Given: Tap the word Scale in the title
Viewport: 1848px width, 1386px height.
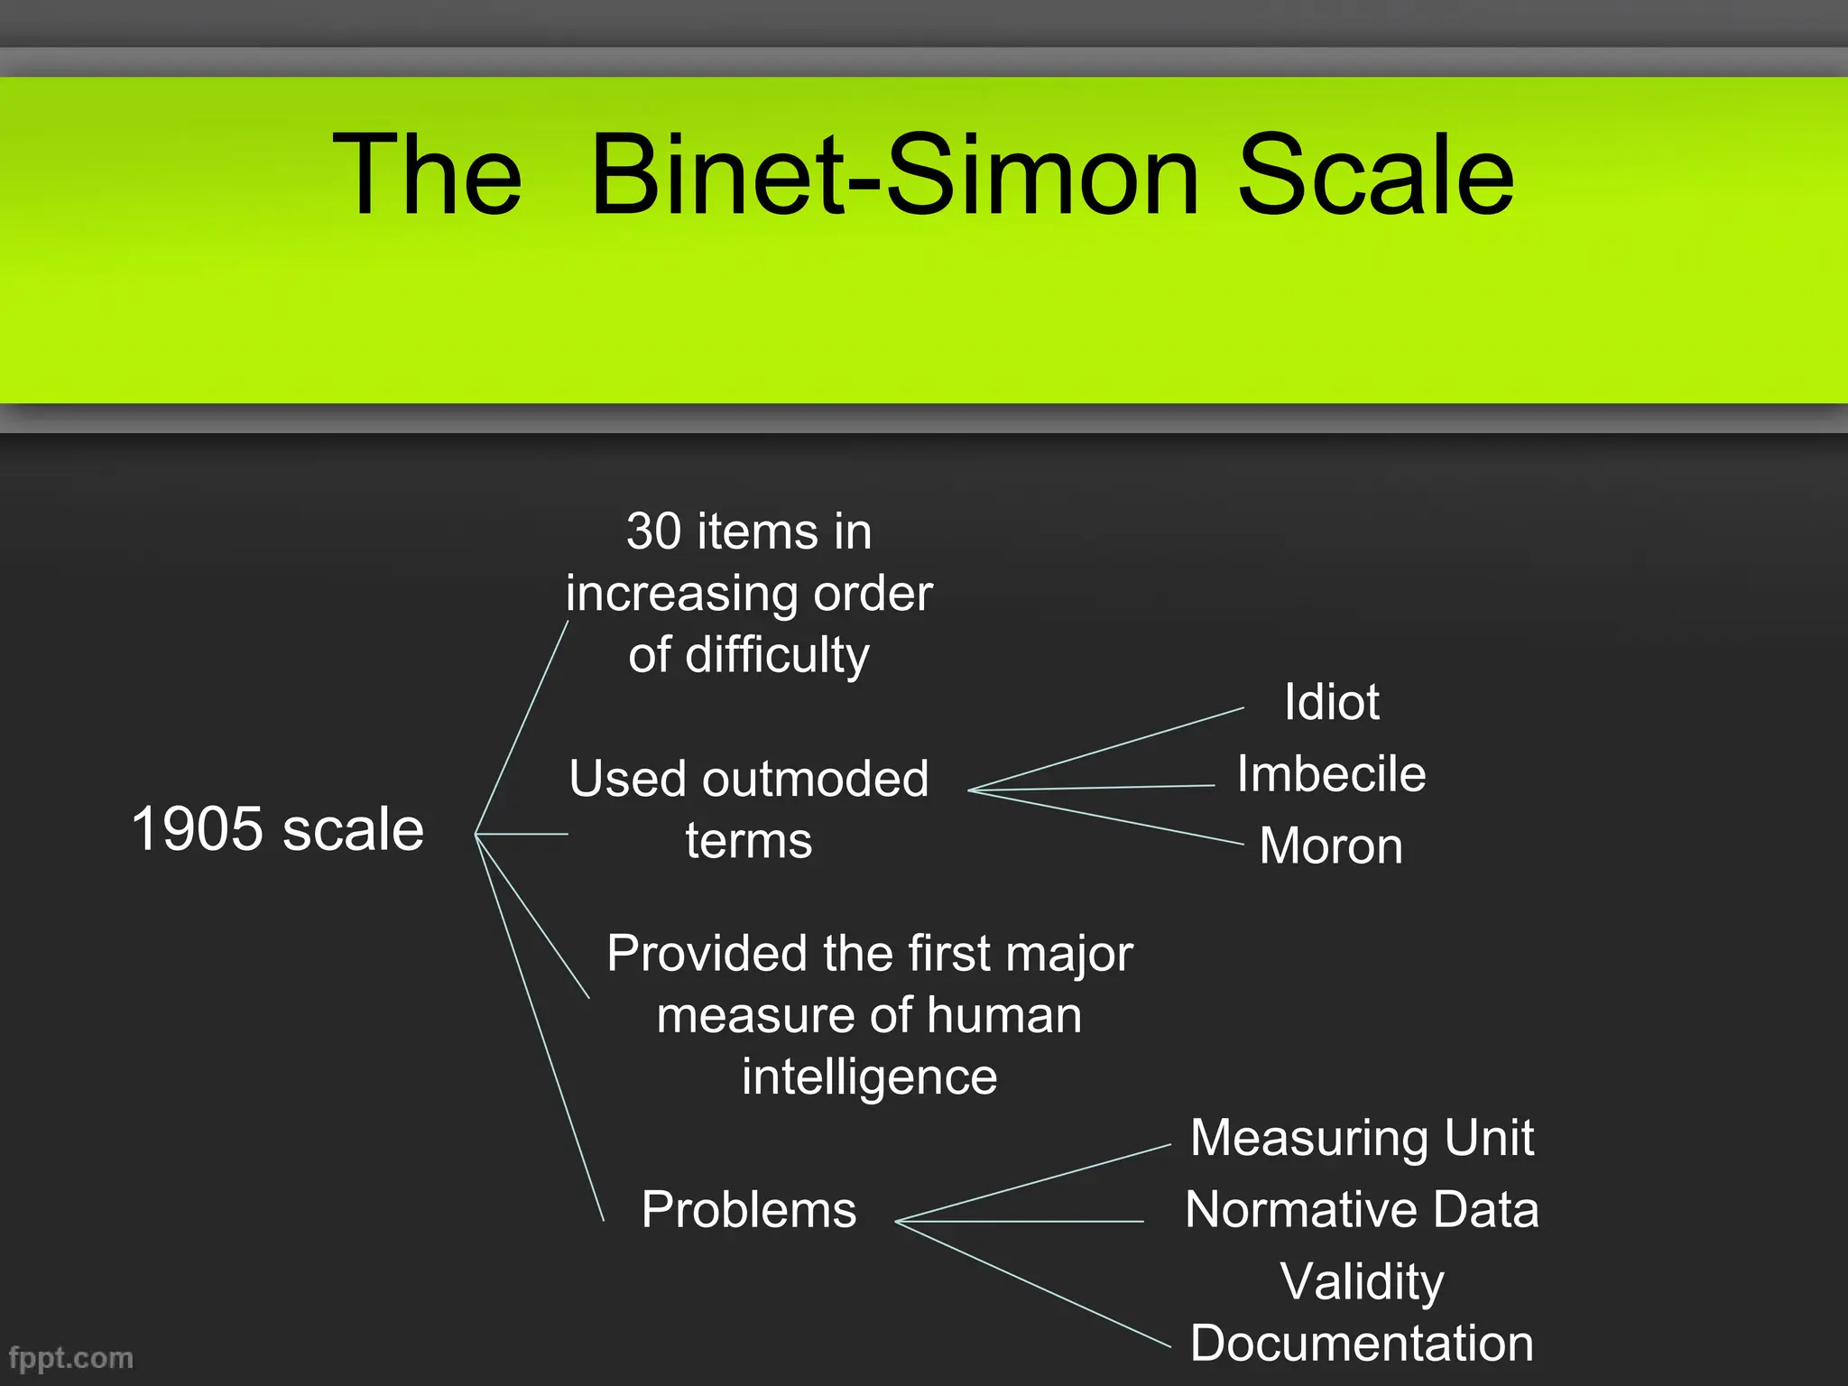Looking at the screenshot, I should click(1375, 175).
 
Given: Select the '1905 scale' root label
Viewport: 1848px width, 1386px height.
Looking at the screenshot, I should click(278, 829).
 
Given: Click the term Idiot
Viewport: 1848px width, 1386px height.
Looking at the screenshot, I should click(1331, 702).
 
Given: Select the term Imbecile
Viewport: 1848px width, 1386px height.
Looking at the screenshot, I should click(1331, 774).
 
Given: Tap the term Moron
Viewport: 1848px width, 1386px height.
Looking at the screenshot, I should click(1331, 846).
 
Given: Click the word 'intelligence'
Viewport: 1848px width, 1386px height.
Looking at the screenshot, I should click(869, 1076).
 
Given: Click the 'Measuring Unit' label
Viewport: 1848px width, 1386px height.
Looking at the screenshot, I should click(1362, 1138).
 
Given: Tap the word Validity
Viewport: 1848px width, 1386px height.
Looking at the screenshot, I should click(1362, 1281).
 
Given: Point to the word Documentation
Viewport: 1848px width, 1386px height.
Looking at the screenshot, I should click(1362, 1344).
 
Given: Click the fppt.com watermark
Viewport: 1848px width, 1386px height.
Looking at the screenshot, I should click(70, 1358).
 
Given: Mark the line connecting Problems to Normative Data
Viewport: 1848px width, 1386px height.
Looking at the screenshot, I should click(1020, 1221).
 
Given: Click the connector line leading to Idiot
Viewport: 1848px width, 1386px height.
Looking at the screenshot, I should click(1106, 750).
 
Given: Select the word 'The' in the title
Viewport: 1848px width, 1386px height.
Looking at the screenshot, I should click(427, 175).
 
